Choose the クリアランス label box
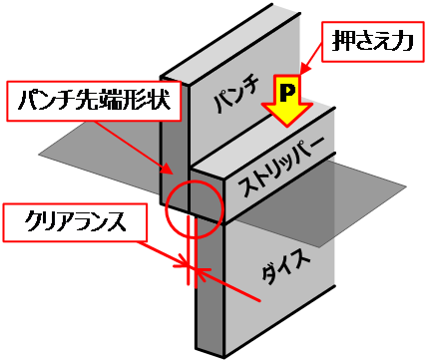coord(75,220)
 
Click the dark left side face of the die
coord(207,289)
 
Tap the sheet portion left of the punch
coord(100,160)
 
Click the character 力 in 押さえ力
coord(405,43)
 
